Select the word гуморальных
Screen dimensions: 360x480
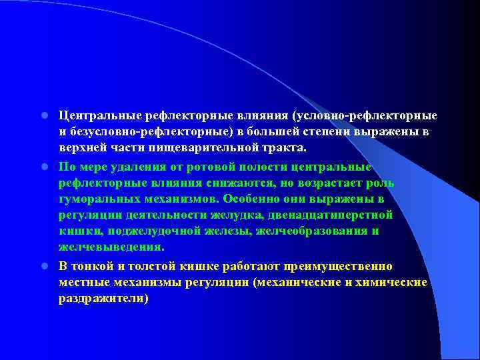coord(97,199)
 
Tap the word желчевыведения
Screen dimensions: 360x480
coord(110,247)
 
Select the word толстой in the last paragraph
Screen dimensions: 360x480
coord(157,265)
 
